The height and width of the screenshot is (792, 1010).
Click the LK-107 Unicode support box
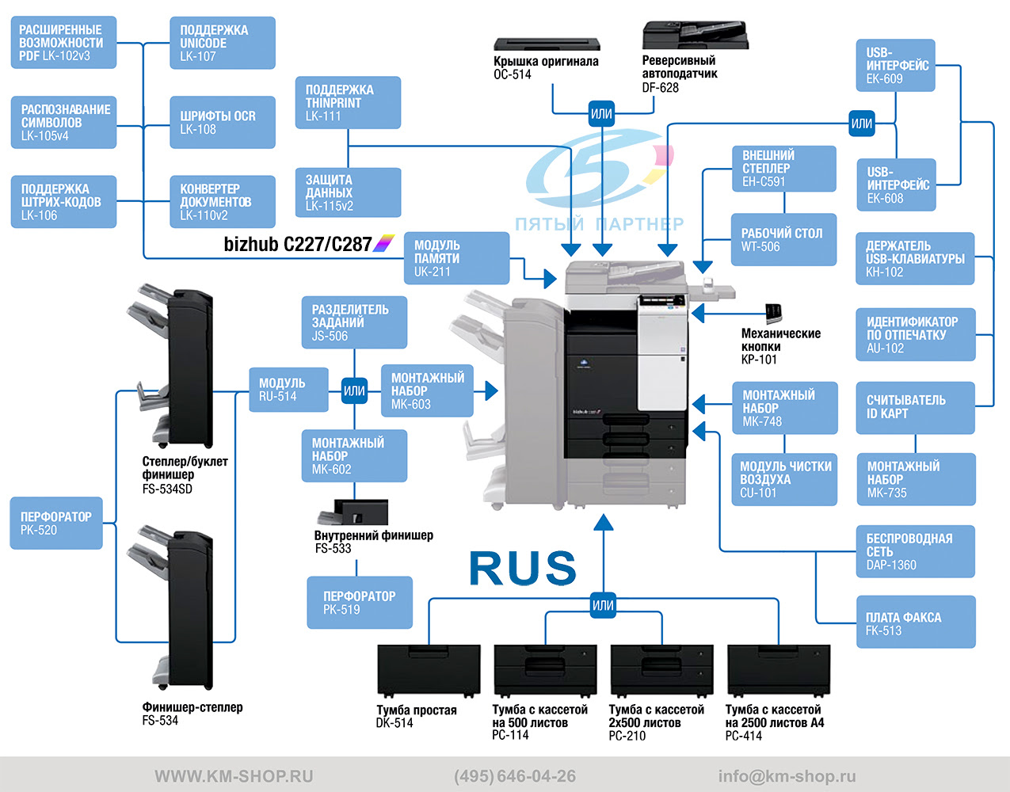pos(223,43)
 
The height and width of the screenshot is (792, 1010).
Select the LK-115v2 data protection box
pos(348,192)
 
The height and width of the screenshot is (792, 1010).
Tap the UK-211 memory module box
pos(456,258)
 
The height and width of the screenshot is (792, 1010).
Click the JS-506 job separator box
pos(354,322)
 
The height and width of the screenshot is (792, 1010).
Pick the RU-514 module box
pos(288,389)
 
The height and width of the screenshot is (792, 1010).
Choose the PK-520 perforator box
pos(56,523)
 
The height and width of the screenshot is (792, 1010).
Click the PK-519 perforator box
pos(360,603)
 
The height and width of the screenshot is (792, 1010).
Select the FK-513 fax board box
pos(916,623)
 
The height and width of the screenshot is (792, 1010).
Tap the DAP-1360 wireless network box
pos(916,551)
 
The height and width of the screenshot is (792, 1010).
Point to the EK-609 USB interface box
pos(896,66)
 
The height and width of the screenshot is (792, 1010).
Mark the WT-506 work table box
pos(783,239)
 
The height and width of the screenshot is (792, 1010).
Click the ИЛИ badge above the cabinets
pos(604,605)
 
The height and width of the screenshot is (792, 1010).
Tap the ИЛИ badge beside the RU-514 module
pos(354,390)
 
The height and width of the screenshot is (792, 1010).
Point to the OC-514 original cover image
pos(547,44)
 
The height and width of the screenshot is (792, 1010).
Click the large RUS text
pos(523,568)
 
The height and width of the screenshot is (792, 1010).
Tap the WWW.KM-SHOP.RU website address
pos(234,776)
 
